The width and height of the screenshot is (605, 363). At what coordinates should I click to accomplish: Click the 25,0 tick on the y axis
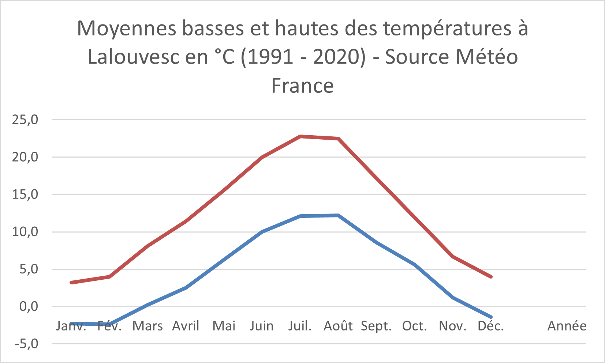click(25, 120)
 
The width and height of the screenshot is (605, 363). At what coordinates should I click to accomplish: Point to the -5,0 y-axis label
click(25, 344)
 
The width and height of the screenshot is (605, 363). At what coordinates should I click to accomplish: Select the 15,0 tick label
click(25, 194)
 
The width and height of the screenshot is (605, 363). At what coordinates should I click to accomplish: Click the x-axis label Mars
click(147, 326)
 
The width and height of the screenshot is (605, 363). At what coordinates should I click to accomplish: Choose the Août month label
click(338, 326)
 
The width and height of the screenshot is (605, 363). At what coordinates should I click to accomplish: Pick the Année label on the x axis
click(567, 326)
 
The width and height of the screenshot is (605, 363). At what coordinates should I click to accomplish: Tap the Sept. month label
click(376, 326)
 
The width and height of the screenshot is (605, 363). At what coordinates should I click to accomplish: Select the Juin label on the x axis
click(262, 326)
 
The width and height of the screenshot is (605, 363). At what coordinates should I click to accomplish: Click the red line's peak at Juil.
click(300, 136)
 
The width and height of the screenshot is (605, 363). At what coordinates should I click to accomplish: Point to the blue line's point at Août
click(338, 215)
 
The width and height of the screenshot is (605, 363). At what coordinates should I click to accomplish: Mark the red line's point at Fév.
click(109, 277)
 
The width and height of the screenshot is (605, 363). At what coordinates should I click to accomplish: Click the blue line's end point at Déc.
click(491, 317)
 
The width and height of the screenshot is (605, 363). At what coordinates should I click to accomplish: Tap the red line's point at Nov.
click(453, 257)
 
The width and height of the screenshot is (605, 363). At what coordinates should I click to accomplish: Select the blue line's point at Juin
click(262, 232)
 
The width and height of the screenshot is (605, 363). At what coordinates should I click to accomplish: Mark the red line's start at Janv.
click(71, 283)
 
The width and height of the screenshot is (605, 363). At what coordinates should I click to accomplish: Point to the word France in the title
click(302, 86)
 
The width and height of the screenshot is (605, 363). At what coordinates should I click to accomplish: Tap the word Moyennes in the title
click(127, 28)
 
